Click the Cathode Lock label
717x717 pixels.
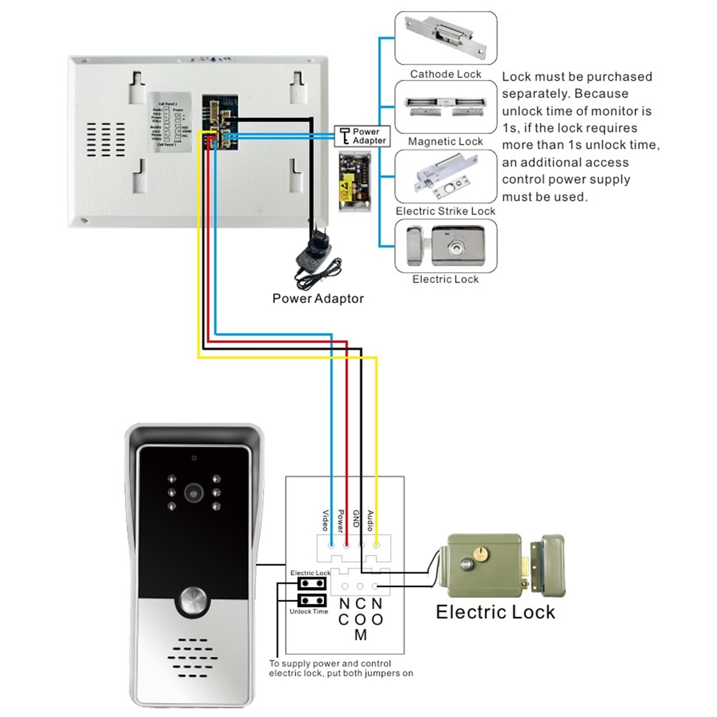pyautogui.click(x=445, y=74)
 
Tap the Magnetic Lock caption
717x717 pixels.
pyautogui.click(x=445, y=141)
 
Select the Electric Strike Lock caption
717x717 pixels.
pyautogui.click(x=445, y=211)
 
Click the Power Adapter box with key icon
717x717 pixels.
pyautogui.click(x=362, y=136)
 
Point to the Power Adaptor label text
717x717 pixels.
pyautogui.click(x=318, y=299)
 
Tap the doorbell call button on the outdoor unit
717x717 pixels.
pyautogui.click(x=193, y=601)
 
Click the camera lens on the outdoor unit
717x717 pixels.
pyautogui.click(x=194, y=493)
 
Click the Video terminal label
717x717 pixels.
pyautogui.click(x=325, y=521)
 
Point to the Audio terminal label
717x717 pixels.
pyautogui.click(x=370, y=521)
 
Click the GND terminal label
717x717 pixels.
pyautogui.click(x=356, y=519)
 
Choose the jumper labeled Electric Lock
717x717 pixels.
pyautogui.click(x=312, y=583)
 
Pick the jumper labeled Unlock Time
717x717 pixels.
pyautogui.click(x=312, y=600)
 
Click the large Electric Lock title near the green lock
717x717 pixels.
pyautogui.click(x=495, y=612)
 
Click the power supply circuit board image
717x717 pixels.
pyautogui.click(x=354, y=182)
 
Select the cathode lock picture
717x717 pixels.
pyautogui.click(x=445, y=37)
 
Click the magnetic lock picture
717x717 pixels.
pyautogui.click(x=445, y=106)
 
